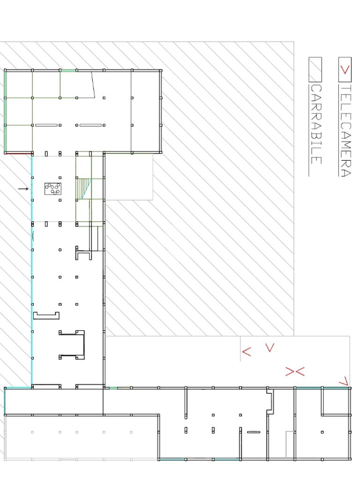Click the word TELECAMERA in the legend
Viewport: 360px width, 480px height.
coord(345,131)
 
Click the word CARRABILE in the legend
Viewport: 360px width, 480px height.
coord(316,124)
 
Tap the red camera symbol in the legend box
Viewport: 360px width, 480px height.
coord(345,70)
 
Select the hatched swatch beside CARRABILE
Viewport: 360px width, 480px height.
coord(315,69)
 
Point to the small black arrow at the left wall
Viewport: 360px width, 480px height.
coord(23,189)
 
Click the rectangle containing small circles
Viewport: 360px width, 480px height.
coord(52,188)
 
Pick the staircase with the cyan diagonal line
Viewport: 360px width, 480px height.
coord(84,188)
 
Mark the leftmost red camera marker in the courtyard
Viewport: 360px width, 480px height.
coord(247,352)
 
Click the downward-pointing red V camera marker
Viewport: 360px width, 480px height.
coord(270,347)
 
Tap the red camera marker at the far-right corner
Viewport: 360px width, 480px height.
coord(344,381)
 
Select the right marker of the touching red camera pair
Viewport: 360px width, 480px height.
coord(300,372)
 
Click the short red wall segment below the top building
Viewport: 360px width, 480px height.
coord(18,154)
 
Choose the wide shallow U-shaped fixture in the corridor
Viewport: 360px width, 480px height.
coord(46,315)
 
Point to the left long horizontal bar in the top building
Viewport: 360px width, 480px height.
coord(46,125)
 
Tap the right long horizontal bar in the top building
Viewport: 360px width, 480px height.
coord(90,125)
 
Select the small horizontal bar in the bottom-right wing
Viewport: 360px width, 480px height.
coord(254,432)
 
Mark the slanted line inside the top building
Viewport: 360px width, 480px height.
coord(93,84)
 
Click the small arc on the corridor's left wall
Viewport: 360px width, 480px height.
coord(33,236)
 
